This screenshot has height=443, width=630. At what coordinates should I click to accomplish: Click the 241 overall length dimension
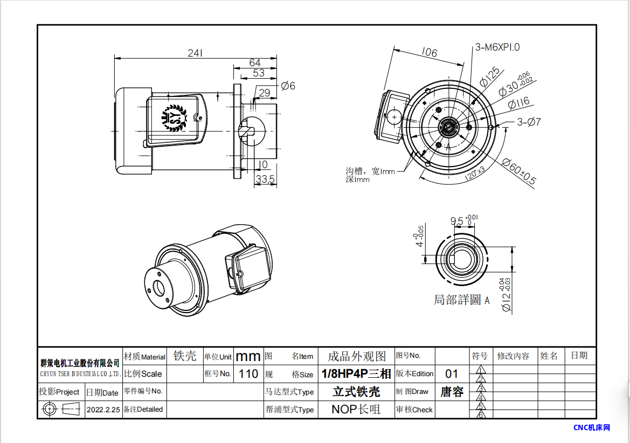point(195,53)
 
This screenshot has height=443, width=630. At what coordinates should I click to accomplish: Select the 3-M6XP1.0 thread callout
point(497,47)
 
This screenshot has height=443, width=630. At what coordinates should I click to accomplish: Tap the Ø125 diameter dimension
point(490,77)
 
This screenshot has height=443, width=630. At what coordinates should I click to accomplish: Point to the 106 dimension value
point(430,52)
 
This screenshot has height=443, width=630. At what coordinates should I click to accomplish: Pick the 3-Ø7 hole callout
point(529,122)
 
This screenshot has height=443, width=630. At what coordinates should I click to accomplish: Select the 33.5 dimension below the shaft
point(265,178)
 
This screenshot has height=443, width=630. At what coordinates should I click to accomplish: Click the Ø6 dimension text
point(288,86)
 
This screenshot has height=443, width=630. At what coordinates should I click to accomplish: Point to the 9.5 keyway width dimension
point(457,221)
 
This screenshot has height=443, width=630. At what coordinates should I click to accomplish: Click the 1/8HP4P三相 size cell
point(356,373)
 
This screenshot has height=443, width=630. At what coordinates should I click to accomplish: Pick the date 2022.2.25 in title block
point(103,410)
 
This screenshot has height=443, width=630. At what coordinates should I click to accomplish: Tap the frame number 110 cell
point(248,373)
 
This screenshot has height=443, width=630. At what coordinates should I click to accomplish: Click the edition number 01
point(452,373)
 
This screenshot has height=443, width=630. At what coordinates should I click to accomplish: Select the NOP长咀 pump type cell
point(356,410)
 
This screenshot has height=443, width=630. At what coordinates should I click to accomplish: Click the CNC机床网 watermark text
point(592,428)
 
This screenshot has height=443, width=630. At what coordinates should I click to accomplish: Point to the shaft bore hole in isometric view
point(159,288)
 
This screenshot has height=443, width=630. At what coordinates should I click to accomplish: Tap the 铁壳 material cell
point(185,356)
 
